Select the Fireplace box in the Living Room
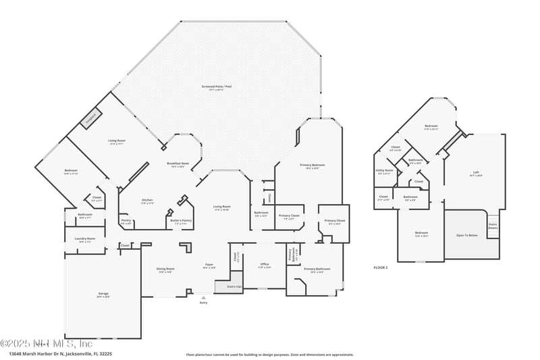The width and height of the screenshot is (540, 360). point(90,119)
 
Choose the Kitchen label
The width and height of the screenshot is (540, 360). point(148,201)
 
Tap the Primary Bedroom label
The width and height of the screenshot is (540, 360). point(313,165)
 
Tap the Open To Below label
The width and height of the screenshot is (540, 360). point(466,235)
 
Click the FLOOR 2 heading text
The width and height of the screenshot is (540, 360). point(381,268)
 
